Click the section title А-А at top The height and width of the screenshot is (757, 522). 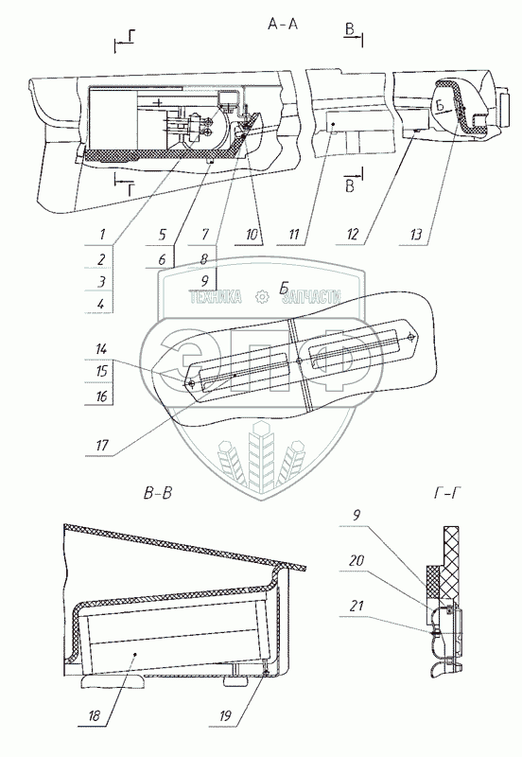click(283, 24)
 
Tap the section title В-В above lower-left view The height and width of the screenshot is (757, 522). click(157, 493)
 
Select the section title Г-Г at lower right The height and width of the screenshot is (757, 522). click(444, 493)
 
